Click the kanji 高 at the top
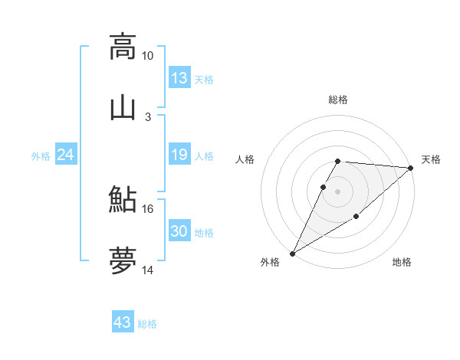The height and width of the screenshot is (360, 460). pos(123,47)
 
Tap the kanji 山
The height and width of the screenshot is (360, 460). pos(123,108)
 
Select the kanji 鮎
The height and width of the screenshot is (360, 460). pos(123,200)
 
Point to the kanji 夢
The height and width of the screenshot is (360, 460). pos(123,261)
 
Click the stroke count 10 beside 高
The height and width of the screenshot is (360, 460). pos(147,56)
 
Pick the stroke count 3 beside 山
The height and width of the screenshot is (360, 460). pos(147,117)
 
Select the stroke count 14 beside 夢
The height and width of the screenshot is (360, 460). pos(147,270)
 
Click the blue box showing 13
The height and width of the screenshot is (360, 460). pos(179,78)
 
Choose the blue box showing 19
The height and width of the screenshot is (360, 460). pos(179,155)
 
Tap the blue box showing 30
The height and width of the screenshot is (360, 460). pos(179,231)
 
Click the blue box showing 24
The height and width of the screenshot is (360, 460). pos(66,155)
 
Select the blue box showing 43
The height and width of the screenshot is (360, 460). pos(123,322)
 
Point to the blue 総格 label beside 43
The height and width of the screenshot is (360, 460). pos(148,324)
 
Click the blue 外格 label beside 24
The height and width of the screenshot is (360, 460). pos(41,156)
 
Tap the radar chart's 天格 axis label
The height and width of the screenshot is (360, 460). pos(431,159)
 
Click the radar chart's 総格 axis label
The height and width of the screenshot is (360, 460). pos(338,100)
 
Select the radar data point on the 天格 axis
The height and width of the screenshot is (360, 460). pos(411,168)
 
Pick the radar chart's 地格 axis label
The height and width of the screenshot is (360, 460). pos(402,263)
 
